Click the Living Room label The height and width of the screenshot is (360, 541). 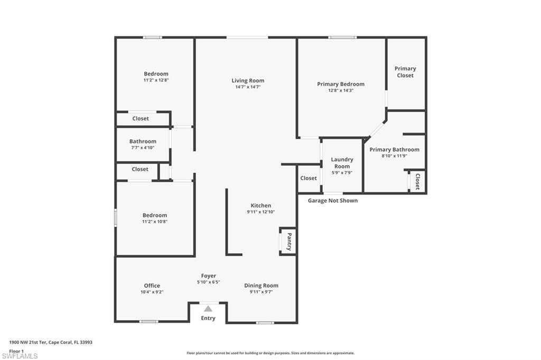pos(248,81)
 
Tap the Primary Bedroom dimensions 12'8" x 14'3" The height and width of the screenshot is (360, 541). pos(340,90)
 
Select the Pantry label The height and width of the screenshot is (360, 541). pos(289,242)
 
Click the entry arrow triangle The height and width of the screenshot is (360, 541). pos(208,309)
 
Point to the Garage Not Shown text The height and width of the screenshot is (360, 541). pos(333,201)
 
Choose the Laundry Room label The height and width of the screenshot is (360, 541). pos(342,163)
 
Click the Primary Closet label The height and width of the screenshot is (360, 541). pos(405,72)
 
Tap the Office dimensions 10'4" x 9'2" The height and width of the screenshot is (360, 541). pos(152,292)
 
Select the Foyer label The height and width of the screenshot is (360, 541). pos(208,276)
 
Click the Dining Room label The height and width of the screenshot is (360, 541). pos(261,286)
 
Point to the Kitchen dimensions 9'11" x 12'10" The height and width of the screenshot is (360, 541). pos(261,212)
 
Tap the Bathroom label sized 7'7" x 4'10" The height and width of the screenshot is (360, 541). pos(143,141)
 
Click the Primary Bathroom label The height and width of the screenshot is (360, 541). pos(394,149)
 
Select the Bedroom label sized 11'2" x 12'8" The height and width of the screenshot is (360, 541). pos(156,74)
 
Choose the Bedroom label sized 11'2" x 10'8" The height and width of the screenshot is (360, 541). pos(155,215)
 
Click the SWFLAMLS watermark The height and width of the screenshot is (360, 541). pos(20,356)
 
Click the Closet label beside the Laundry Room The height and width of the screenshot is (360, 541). pos(309,178)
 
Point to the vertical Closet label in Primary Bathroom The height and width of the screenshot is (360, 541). pos(417,182)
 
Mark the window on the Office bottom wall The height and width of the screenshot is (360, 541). pos(148,321)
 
